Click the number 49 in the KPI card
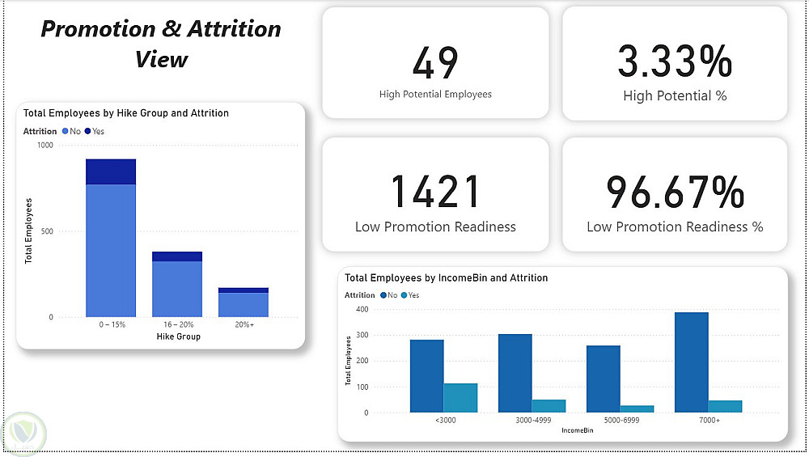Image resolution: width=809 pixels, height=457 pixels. [435, 63]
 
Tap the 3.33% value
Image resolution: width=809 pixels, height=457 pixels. [675, 61]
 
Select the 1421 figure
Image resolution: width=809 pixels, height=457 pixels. [435, 192]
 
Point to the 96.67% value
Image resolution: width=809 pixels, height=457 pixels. [675, 192]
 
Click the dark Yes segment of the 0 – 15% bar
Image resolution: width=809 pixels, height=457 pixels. [111, 171]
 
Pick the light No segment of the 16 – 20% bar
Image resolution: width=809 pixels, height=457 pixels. [177, 289]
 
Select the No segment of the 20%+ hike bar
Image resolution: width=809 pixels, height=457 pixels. [244, 304]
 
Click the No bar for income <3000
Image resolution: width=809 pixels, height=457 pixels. [426, 375]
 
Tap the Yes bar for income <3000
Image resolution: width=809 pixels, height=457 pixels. [460, 397]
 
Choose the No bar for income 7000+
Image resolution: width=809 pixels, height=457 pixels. [691, 362]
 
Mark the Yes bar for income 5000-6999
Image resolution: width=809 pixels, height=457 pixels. [637, 408]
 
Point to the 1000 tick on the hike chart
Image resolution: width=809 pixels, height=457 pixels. [44, 146]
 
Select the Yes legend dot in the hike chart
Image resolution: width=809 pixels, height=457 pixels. [87, 131]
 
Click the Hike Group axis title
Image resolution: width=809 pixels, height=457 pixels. [177, 336]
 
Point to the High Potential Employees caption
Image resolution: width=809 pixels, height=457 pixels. [435, 95]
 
